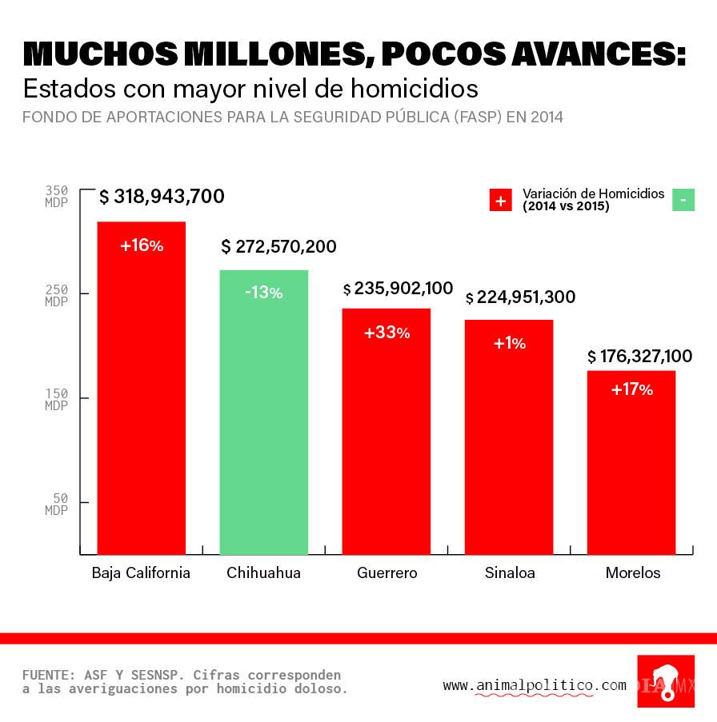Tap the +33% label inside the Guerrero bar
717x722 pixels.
click(387, 333)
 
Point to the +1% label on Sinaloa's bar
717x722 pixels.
click(510, 343)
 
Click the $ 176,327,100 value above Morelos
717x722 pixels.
click(639, 356)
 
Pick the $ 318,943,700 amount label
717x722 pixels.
click(162, 197)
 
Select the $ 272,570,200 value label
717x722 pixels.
click(278, 246)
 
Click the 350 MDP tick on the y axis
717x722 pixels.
click(57, 197)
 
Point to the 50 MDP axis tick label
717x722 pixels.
click(57, 504)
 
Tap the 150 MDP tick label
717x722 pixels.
click(57, 400)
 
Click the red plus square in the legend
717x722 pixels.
click(500, 200)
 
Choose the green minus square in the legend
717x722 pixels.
click(683, 200)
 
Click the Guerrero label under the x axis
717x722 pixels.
click(387, 573)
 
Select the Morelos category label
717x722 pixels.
click(633, 573)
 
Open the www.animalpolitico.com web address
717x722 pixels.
click(535, 685)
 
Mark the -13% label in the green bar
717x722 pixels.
click(263, 293)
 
